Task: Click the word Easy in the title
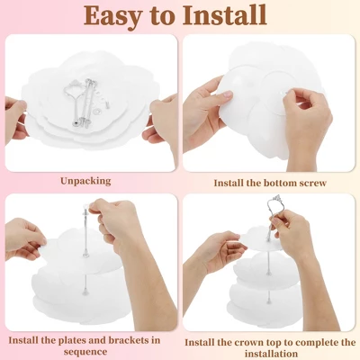pos(112,15)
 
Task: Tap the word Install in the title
pos(225,15)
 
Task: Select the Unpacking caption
pos(85,182)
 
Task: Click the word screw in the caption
pos(311,183)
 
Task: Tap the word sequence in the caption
pos(85,352)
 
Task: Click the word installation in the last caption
pos(271,354)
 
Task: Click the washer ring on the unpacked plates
pos(98,112)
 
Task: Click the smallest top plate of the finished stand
pos(261,239)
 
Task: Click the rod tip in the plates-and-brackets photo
pos(85,207)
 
